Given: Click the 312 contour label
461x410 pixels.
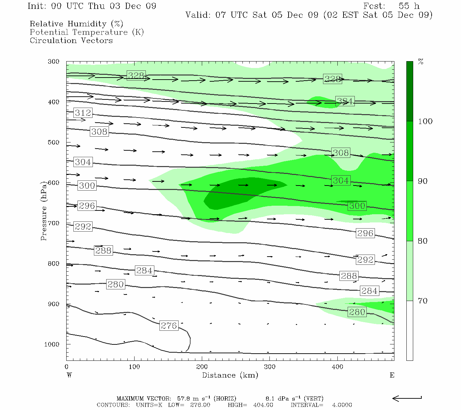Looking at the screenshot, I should [83, 113].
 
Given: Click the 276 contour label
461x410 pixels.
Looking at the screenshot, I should [169, 326].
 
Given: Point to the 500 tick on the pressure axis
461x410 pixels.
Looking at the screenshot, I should [54, 142].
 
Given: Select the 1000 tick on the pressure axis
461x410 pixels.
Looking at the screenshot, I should [52, 344].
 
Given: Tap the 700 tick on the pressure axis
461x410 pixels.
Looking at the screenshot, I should [54, 223].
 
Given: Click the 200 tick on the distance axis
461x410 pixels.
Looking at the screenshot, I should [202, 367].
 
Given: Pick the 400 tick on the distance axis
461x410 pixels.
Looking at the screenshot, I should [337, 367].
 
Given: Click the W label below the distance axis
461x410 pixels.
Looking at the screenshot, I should [69, 375].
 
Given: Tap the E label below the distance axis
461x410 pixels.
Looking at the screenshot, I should [392, 375].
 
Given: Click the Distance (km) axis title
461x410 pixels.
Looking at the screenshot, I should [230, 375].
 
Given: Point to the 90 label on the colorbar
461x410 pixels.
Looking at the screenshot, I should [423, 181].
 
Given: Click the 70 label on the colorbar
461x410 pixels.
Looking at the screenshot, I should [423, 301].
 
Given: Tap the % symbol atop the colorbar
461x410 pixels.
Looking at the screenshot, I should [421, 62].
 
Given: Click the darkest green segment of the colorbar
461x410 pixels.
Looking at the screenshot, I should [410, 91].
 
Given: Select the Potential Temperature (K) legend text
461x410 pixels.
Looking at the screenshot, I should [87, 32].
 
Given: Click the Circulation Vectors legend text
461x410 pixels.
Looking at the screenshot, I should [71, 40].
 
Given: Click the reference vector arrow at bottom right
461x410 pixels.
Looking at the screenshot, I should [407, 398].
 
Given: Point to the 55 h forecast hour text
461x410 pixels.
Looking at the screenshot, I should [409, 6].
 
